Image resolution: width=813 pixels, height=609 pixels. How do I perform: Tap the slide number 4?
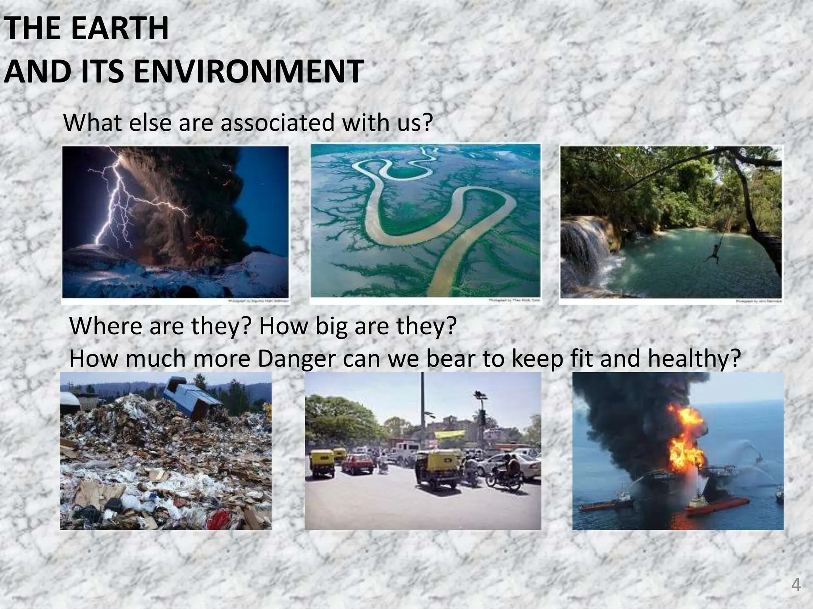coord(796,585)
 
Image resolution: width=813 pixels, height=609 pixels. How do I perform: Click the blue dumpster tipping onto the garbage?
coord(193,396)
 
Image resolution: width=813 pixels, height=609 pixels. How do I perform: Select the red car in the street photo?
coord(357,464)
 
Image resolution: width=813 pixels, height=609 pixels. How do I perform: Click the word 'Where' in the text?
coord(105,326)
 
